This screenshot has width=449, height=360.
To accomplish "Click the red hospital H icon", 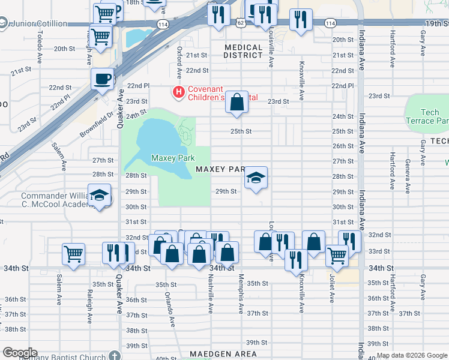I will pos(178,92).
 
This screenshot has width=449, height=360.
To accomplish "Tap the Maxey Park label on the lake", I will pos(173,158).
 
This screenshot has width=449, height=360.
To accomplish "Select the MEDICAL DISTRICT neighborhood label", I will pos(244,51).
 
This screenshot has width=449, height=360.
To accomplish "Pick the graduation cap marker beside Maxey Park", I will pos(256,178).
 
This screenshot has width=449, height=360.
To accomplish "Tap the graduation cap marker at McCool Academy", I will pos(100,196).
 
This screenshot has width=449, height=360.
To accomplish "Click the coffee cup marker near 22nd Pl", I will pos(103,79).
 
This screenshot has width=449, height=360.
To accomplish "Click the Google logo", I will pos(19,353).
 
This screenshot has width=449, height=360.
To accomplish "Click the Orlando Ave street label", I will pos(170,310).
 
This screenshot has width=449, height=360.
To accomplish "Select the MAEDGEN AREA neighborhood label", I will pos(223,354).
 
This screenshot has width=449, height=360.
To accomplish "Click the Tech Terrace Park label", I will pos(427,116).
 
